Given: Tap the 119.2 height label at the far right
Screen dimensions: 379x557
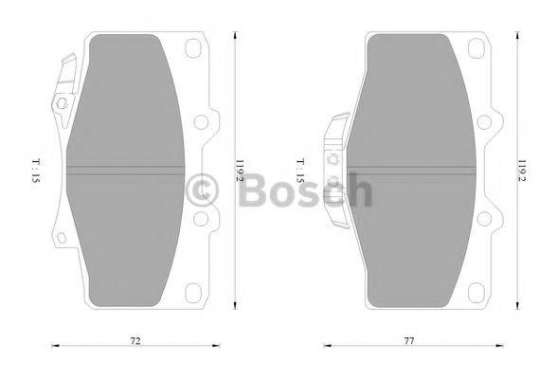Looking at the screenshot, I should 522,170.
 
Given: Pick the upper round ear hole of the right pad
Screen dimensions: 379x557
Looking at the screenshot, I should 485,121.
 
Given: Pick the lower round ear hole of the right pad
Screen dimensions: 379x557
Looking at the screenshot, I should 485,218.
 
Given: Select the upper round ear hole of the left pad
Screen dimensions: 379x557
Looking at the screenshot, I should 200,121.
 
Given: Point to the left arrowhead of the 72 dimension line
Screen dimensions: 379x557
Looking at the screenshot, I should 53,346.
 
